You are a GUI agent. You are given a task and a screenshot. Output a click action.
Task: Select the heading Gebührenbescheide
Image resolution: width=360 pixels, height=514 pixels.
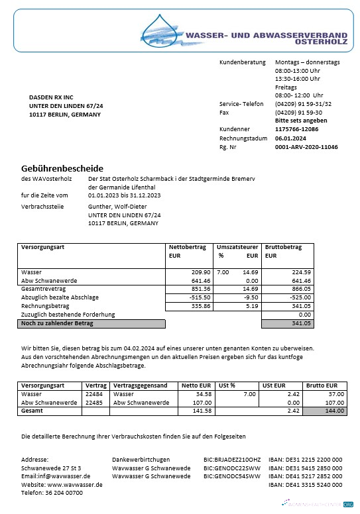point(62,168)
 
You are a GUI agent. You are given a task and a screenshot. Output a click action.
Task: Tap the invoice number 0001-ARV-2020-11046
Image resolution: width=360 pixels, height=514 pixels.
point(306,147)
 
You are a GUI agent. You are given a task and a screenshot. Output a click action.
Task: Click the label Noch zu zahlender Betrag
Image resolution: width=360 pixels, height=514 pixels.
point(57,323)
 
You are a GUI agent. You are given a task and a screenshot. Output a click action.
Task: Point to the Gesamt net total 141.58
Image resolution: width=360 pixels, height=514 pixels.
point(199,411)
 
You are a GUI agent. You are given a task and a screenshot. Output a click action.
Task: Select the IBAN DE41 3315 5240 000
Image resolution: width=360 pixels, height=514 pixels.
point(305,485)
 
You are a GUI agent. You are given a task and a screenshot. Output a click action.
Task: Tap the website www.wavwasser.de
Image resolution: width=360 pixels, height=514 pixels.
point(74,485)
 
